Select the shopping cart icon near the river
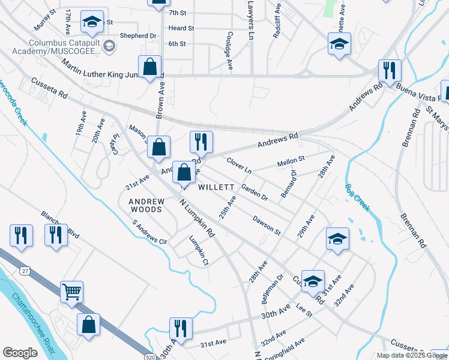71,293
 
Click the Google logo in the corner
20,353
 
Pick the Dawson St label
267,225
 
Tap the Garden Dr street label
254,192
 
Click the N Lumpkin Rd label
197,217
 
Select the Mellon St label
291,162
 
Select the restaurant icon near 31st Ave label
180,329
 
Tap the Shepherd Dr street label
137,36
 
